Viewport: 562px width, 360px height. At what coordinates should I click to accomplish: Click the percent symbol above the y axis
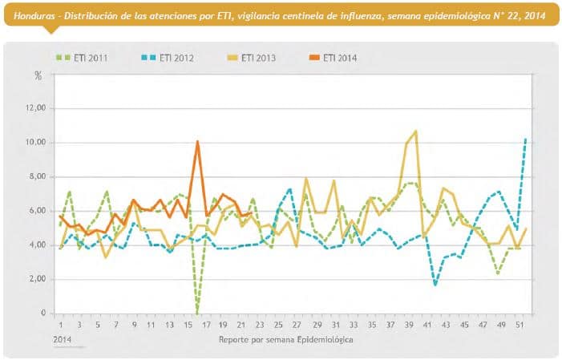point(38,75)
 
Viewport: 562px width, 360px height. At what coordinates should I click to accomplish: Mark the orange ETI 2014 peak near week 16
point(197,142)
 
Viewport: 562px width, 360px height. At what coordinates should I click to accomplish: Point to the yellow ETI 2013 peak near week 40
point(415,131)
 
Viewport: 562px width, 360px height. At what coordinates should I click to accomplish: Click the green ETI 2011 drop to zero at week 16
point(197,311)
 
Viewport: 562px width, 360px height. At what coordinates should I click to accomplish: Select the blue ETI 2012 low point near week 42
point(435,285)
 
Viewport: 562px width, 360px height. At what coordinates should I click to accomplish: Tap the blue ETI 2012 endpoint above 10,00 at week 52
point(525,139)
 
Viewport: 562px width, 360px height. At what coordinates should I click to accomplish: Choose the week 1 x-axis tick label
point(61,325)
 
